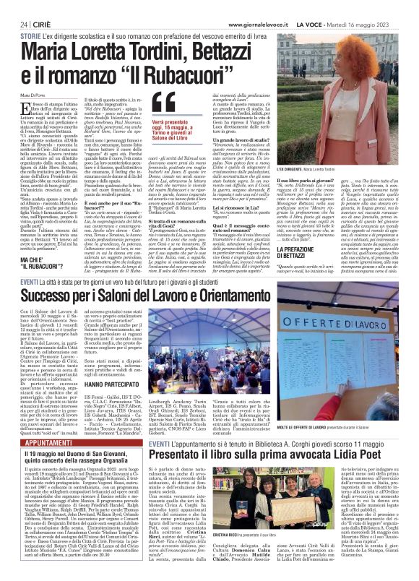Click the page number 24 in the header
(x=14, y=7)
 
